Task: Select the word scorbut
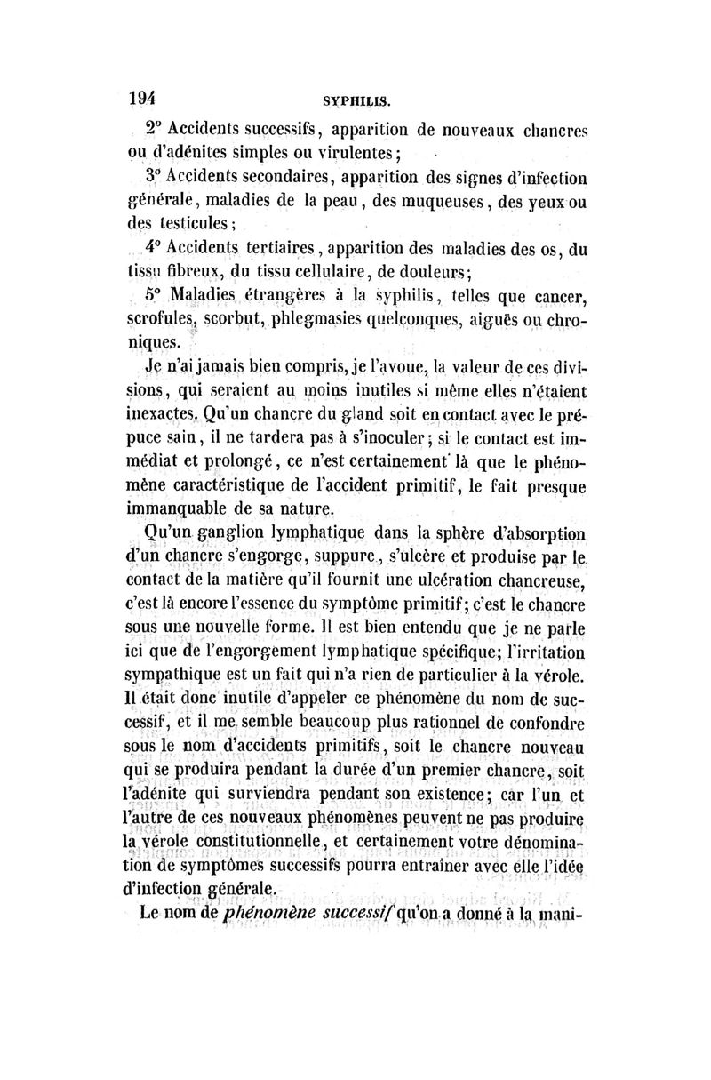click(250, 317)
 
